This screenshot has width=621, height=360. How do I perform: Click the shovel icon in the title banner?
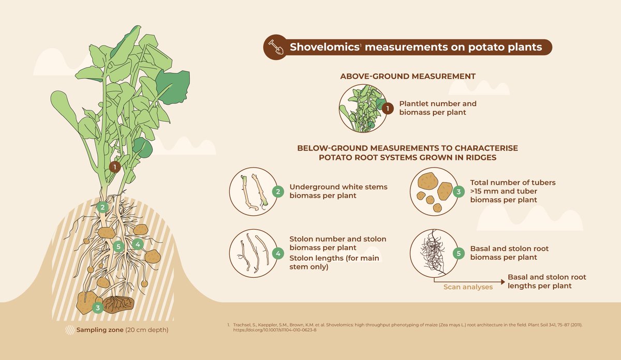point(276,47)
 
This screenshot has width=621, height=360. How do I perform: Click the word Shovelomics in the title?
point(324,47)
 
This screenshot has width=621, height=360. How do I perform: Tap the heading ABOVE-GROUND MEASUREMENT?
point(408,76)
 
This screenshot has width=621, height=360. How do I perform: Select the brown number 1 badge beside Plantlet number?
point(388,108)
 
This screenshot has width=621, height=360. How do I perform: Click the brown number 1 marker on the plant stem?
point(115,167)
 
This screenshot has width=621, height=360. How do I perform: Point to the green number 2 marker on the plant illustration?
point(102,207)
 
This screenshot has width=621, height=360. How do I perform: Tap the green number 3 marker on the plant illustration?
point(98,307)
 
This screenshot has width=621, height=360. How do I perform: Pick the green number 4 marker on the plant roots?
point(138,244)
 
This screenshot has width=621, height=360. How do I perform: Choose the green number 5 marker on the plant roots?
point(119,246)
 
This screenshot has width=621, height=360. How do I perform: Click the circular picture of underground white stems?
point(254,191)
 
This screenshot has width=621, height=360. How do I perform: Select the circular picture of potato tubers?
point(434,191)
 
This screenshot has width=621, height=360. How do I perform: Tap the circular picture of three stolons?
point(254,253)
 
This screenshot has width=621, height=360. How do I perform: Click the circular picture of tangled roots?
point(434,253)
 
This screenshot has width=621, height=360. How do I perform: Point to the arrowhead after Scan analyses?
point(503,282)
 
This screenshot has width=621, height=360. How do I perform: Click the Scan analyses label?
point(468,287)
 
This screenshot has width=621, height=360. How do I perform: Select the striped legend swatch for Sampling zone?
point(69,329)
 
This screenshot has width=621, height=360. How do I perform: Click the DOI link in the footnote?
point(275,330)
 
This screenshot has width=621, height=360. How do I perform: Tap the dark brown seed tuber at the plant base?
point(119,305)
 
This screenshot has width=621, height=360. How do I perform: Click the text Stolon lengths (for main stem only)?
point(334,262)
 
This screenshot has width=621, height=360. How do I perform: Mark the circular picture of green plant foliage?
point(363,108)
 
